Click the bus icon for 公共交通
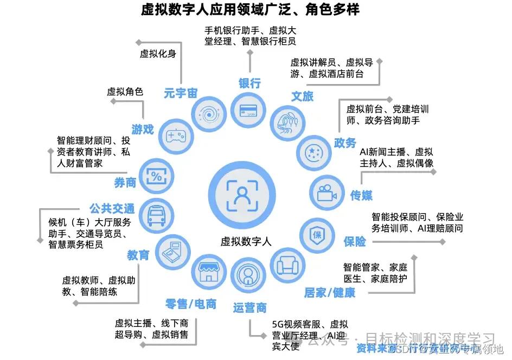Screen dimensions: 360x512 click(x=155, y=215)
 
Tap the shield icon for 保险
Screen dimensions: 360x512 click(x=317, y=234)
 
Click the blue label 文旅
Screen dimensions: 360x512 click(x=302, y=97)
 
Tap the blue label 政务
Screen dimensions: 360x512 click(x=345, y=143)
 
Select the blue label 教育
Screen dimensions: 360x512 click(x=138, y=254)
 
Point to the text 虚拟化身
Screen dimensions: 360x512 click(x=158, y=54)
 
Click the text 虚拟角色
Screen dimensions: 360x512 click(x=125, y=92)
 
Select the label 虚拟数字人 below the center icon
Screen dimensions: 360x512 click(x=246, y=241)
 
